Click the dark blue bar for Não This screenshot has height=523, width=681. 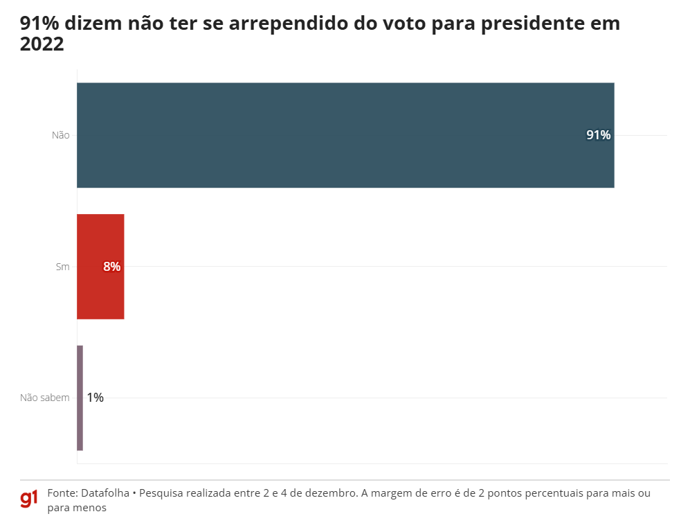click(x=345, y=135)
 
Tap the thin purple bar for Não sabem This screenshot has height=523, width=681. click(x=80, y=398)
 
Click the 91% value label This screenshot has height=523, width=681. click(x=598, y=135)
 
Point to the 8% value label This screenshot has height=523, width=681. click(x=111, y=267)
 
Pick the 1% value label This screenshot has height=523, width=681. click(x=95, y=398)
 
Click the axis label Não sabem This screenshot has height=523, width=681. click(x=44, y=398)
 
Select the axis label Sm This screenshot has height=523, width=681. click(x=62, y=267)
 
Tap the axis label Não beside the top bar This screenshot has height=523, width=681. click(x=60, y=135)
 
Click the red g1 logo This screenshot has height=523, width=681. click(x=29, y=499)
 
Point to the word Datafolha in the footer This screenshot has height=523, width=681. click(x=105, y=493)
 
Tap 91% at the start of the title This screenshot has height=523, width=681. click(x=39, y=24)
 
